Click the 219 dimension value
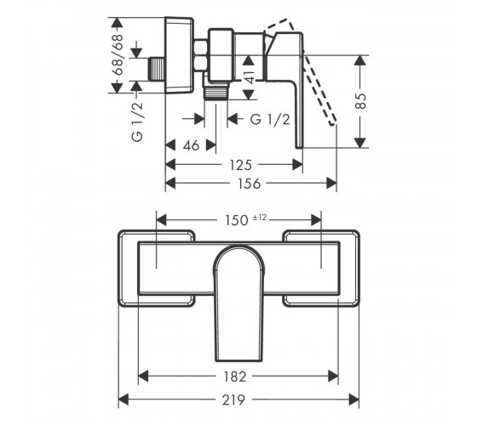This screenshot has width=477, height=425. [233, 399]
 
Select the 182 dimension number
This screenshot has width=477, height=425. [234, 377]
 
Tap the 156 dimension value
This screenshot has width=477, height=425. [249, 184]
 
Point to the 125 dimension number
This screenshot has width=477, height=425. [240, 165]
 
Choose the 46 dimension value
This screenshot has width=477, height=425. [191, 145]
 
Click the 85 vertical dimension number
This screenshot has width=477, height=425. [361, 101]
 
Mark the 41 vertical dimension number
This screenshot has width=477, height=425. [250, 76]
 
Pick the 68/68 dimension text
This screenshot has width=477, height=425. [118, 55]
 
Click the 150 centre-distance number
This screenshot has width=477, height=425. [237, 220]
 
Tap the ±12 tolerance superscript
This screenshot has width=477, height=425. [260, 218]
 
